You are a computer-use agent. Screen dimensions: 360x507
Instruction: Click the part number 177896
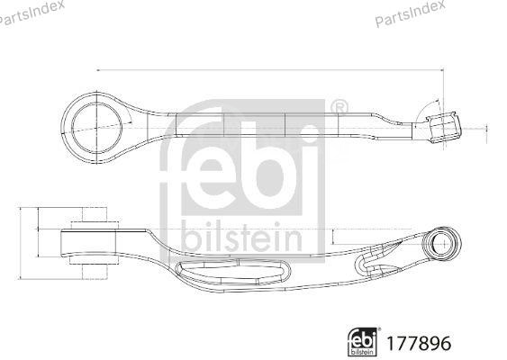pos(417,341)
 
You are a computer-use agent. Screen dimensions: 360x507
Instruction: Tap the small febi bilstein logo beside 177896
pos(363,340)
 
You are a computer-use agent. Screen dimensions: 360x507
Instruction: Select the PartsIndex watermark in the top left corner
pos(32,13)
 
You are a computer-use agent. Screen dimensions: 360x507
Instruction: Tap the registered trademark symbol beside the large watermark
pos(339,109)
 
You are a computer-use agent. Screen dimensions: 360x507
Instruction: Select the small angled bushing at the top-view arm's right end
pos(442,126)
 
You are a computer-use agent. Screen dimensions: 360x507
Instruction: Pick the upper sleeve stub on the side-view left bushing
pos(93,218)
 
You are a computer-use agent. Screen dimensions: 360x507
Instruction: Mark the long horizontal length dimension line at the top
pos(270,68)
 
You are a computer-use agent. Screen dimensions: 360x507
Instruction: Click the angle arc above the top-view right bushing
pos(423,106)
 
